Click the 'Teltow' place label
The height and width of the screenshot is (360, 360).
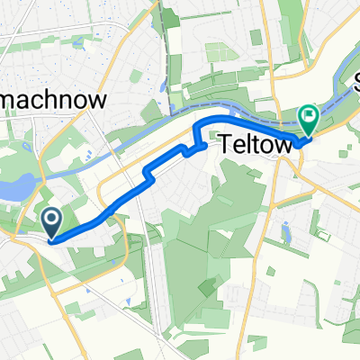click(250, 143)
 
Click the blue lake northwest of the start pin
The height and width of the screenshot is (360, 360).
click(19, 189)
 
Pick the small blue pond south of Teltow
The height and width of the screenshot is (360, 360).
click(286, 233)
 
